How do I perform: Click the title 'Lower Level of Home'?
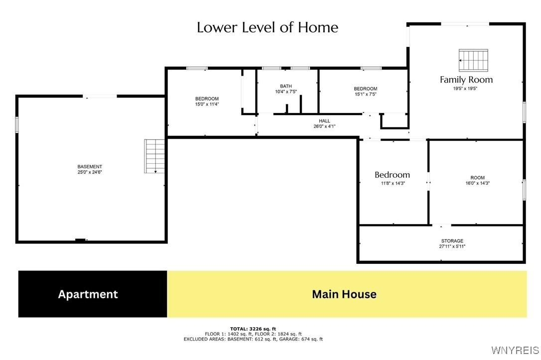coord(268,27)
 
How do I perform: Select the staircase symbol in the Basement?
coord(155,156)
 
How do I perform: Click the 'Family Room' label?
coord(466,80)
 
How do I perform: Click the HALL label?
coord(324,121)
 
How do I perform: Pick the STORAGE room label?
coord(452,241)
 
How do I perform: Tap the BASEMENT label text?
coord(90,167)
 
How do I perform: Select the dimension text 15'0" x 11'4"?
coord(207,105)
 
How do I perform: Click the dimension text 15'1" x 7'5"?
coord(365,94)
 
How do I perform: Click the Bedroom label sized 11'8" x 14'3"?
coord(392,175)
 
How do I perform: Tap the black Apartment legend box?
coord(93,294)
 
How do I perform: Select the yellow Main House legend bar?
coord(347,294)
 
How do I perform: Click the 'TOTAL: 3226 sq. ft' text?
coord(253,329)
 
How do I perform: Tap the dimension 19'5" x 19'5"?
coord(466,89)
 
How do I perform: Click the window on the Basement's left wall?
coord(17,124)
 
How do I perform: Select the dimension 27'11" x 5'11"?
coord(452,246)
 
